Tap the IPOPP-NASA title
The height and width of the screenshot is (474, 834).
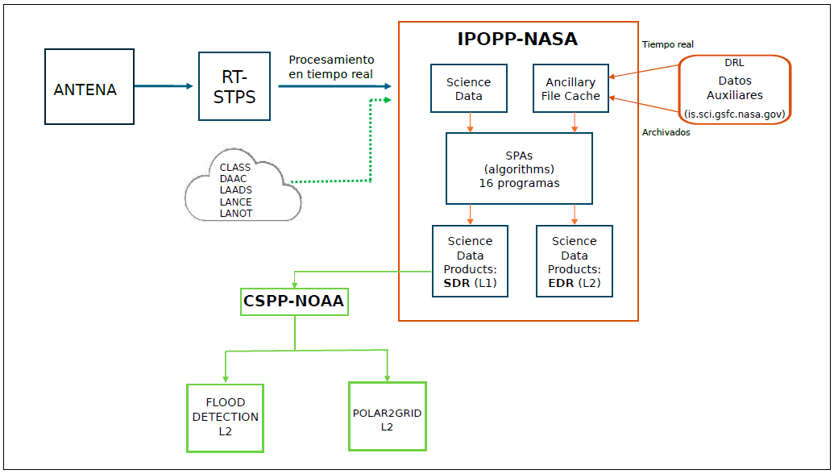[x=517, y=39]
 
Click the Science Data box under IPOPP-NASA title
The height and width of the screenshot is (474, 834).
[x=469, y=89]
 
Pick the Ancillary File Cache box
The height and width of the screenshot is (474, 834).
[x=571, y=89]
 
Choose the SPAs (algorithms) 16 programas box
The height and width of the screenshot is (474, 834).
[x=519, y=168]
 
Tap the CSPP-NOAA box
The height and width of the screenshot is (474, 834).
[x=294, y=301]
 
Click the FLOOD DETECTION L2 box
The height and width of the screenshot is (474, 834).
[x=226, y=417]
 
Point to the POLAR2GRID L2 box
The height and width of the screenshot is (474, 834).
[x=388, y=416]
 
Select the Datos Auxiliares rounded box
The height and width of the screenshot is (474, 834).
[x=735, y=89]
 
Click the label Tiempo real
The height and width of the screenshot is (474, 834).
[x=668, y=44]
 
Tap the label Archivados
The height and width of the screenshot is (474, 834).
[x=666, y=132]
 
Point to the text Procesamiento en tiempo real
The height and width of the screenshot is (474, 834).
[x=332, y=67]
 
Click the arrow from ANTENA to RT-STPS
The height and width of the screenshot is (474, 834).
[x=165, y=86]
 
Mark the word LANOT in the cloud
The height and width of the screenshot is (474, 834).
[x=236, y=214]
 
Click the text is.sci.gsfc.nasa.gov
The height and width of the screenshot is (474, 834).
[x=735, y=114]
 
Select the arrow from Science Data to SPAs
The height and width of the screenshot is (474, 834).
[x=469, y=122]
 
